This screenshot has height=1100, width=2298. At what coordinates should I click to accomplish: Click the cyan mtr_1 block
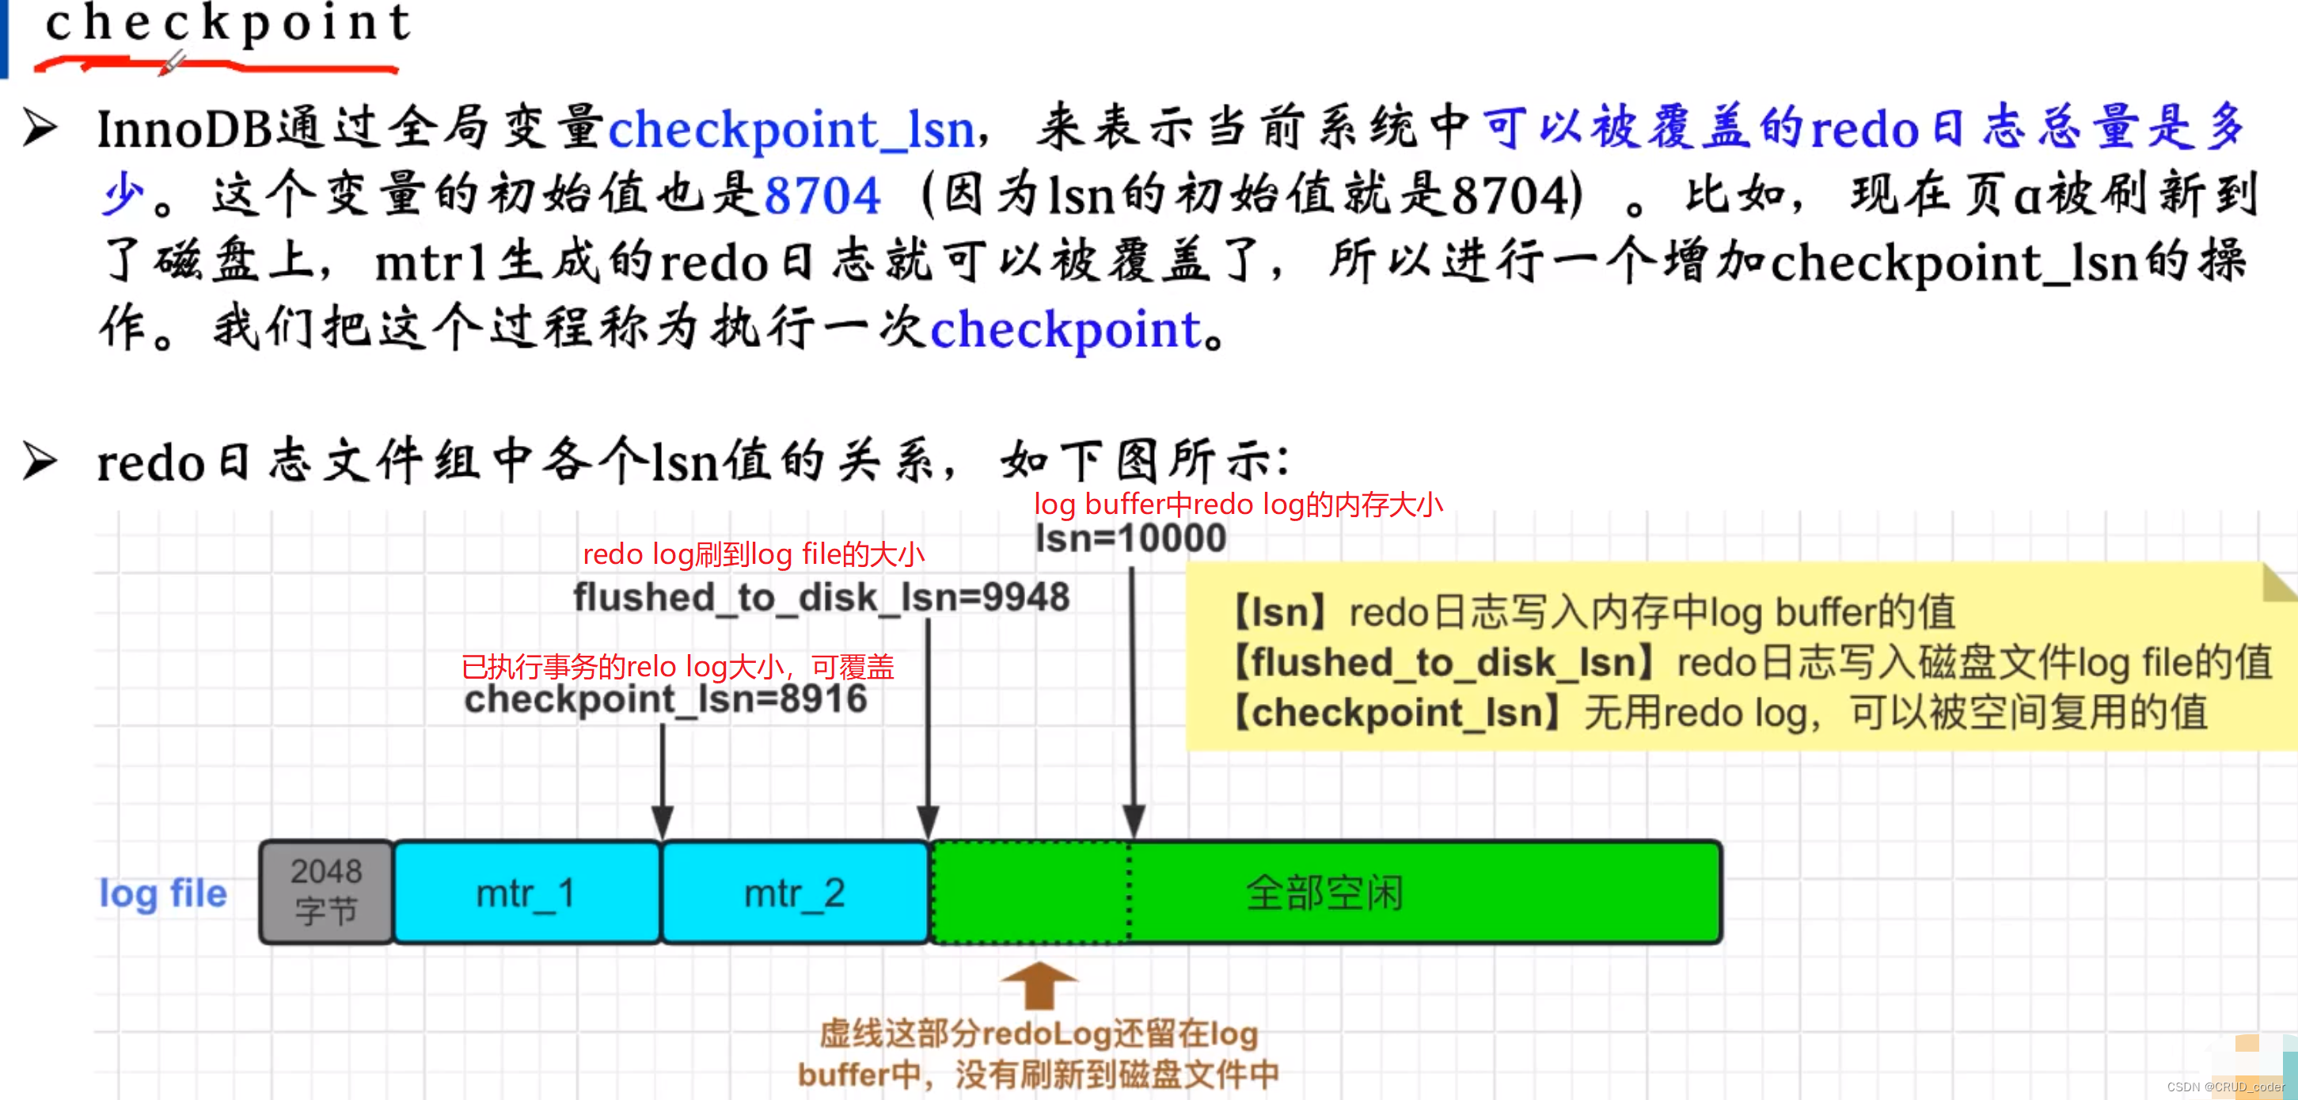pos(526,893)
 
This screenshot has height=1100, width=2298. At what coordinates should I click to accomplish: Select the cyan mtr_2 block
pos(795,893)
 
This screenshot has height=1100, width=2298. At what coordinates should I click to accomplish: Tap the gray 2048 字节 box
pos(326,891)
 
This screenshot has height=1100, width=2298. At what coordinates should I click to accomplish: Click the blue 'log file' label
pos(163,893)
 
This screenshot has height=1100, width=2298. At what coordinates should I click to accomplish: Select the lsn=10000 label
pos(1130,539)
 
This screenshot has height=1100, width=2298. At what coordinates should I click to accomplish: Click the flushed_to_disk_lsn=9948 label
pos(821,597)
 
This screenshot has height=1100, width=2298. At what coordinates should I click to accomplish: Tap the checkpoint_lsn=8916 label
pos(666,699)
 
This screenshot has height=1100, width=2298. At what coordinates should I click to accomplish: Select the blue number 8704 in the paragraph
pos(822,196)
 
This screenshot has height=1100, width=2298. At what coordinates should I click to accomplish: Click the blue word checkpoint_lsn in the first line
pos(792,129)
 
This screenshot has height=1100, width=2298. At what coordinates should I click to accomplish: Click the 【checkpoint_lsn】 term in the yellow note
pos(1397,713)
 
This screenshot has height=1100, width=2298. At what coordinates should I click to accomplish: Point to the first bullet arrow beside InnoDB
pos(40,128)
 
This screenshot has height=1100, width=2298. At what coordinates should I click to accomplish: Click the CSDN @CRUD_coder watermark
pos(2225,1087)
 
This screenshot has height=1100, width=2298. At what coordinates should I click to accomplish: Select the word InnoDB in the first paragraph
pos(184,129)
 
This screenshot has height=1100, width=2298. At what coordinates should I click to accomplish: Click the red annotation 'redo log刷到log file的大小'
pos(754,555)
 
